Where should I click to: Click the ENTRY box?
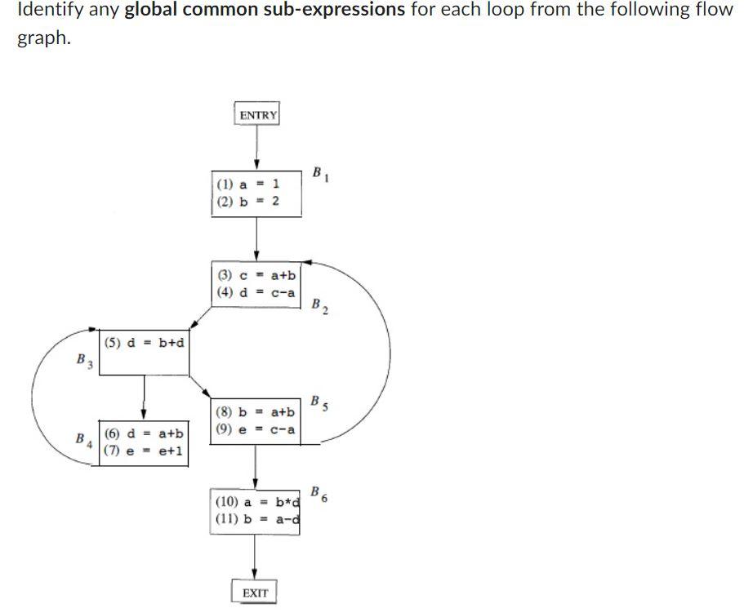(258, 115)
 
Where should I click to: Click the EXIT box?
(255, 593)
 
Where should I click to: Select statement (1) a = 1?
(248, 185)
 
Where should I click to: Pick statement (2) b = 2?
(248, 202)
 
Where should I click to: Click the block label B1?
(319, 174)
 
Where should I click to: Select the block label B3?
(83, 359)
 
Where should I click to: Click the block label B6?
(319, 494)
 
